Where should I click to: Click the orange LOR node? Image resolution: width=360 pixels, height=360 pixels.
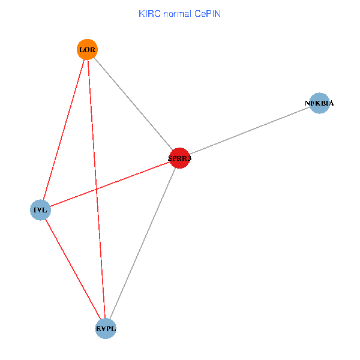click(x=87, y=49)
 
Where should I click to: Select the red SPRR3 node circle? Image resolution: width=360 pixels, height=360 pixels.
click(x=179, y=158)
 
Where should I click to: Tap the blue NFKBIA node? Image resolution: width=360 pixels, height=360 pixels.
click(x=319, y=103)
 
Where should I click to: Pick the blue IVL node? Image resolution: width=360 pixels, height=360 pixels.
click(x=40, y=210)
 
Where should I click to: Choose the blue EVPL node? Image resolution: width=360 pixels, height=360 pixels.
click(x=106, y=328)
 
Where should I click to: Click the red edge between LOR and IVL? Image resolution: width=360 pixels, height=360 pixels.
click(x=64, y=129)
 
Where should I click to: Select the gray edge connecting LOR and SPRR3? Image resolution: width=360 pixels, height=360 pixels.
click(x=133, y=103)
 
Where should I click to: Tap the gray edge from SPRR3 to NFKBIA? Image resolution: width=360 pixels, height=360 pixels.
click(x=249, y=131)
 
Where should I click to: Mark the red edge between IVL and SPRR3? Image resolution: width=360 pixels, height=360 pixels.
click(x=138, y=174)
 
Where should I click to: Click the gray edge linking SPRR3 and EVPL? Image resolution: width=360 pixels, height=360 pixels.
click(x=143, y=242)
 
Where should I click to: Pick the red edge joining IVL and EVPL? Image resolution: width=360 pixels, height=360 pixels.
click(x=72, y=268)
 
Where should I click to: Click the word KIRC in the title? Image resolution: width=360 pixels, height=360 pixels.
click(x=149, y=13)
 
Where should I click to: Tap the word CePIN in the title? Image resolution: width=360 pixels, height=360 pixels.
click(x=207, y=13)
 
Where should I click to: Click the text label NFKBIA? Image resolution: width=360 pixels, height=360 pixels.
click(x=319, y=103)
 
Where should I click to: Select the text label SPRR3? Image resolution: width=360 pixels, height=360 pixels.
click(x=179, y=158)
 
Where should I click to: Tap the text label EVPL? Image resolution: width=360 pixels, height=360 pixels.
click(x=106, y=329)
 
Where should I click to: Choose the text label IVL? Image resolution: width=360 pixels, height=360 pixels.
click(x=40, y=210)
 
